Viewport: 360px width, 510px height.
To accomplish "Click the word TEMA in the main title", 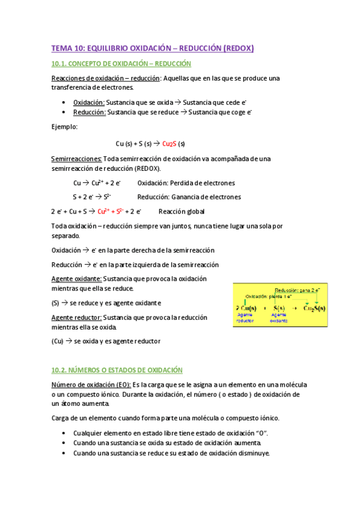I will pyautogui.click(x=61, y=48).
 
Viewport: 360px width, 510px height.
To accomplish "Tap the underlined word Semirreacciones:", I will pyautogui.click(x=76, y=159).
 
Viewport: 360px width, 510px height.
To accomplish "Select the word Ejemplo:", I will pyautogui.click(x=64, y=127).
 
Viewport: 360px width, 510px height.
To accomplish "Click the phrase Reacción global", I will pyautogui.click(x=181, y=211).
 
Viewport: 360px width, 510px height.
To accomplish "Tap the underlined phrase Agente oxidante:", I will pyautogui.click(x=76, y=278).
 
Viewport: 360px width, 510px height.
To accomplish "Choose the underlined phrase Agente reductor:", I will pyautogui.click(x=76, y=317).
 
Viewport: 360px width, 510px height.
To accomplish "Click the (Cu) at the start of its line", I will pyautogui.click(x=58, y=341).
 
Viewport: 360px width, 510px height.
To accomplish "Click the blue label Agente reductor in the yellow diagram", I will pyautogui.click(x=245, y=318).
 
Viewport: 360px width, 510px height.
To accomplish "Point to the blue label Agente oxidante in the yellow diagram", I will pyautogui.click(x=279, y=318).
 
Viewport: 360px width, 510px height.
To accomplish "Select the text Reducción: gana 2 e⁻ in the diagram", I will pyautogui.click(x=300, y=290).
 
